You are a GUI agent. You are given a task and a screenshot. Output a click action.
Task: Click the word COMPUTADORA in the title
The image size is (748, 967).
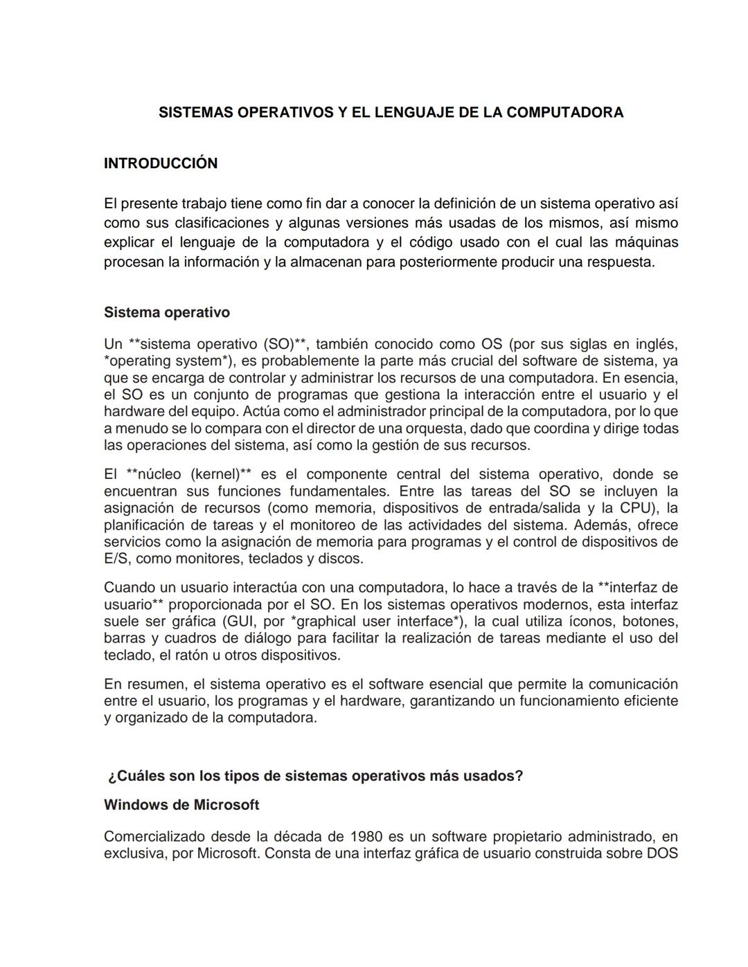pyautogui.click(x=564, y=113)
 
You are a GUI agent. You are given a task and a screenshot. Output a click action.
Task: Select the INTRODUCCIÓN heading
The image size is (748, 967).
pyautogui.click(x=161, y=163)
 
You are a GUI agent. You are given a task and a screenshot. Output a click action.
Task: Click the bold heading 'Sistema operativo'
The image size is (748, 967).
pyautogui.click(x=167, y=312)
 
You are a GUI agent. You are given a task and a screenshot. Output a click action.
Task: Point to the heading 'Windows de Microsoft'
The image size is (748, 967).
pyautogui.click(x=181, y=805)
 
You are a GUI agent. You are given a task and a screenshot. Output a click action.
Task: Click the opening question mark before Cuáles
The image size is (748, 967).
pyautogui.click(x=112, y=776)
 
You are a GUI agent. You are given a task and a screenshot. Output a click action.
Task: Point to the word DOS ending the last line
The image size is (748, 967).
pyautogui.click(x=662, y=853)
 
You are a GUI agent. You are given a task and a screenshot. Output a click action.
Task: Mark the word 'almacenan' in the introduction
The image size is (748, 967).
pyautogui.click(x=326, y=262)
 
